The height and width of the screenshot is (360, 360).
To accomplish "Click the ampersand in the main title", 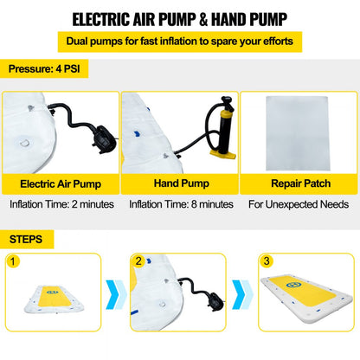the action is click(x=203, y=20).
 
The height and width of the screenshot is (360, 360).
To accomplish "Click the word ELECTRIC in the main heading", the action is click(x=101, y=20).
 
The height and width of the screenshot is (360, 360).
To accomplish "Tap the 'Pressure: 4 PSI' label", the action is click(x=44, y=68).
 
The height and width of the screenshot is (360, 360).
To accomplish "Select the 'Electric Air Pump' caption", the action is click(x=61, y=183).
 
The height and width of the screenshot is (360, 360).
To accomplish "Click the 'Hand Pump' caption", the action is click(x=182, y=183).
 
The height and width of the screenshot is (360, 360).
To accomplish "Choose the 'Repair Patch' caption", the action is click(x=301, y=183).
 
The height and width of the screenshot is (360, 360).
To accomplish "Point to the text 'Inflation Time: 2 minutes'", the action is click(x=61, y=204).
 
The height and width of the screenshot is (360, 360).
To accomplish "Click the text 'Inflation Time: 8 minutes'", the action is click(x=181, y=204).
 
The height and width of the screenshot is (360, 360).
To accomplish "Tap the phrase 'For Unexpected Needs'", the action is click(x=299, y=204).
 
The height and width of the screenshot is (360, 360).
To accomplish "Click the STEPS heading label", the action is click(x=26, y=240).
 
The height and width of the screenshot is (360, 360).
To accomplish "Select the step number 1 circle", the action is click(x=12, y=261).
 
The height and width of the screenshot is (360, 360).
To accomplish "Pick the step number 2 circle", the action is click(x=138, y=261).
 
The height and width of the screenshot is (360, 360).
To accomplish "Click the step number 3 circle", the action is click(x=267, y=261).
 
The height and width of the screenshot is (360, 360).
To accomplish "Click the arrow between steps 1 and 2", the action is click(x=116, y=294).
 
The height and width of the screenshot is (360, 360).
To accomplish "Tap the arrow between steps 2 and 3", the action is click(x=242, y=294).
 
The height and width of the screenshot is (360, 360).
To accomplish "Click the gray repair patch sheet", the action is click(x=298, y=133).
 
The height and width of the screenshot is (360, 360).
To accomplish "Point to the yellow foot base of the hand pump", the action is click(x=223, y=154).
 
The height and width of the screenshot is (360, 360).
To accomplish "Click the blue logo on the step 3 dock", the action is click(x=294, y=285).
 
